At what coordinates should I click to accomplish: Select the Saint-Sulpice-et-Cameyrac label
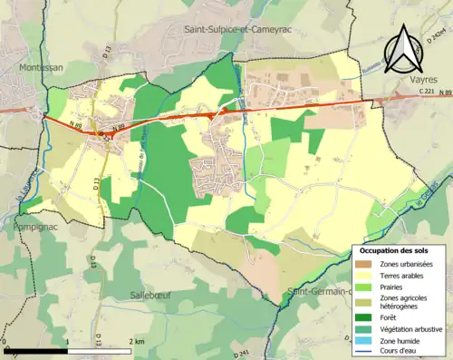pyautogui.click(x=242, y=29)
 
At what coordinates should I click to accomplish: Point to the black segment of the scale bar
pyautogui.click(x=35, y=350)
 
